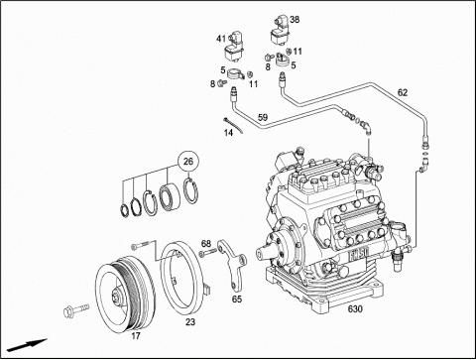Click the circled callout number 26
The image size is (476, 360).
coord(187,162)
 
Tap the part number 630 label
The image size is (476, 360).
coord(355,309)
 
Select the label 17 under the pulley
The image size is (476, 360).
coord(136,336)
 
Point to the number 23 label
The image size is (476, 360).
coord(190,321)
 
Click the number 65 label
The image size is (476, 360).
coord(237,300)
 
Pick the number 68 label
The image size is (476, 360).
coord(206,244)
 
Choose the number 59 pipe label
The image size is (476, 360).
coord(263,117)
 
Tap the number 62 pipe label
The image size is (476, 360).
coord(403,93)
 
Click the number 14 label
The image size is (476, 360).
coord(228,133)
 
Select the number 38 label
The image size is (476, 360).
coord(295,20)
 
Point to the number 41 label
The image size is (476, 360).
coord(221,39)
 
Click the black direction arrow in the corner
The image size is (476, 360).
coord(28,345)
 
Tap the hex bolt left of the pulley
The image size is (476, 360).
coord(76,309)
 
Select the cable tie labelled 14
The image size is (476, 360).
coord(233,125)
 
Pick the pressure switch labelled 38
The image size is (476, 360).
coord(279,32)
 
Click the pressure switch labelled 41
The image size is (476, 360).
coord(234,47)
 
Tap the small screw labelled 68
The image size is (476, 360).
coord(208,253)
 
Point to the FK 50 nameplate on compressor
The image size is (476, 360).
coord(359,255)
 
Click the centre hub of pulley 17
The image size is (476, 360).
coord(117,295)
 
